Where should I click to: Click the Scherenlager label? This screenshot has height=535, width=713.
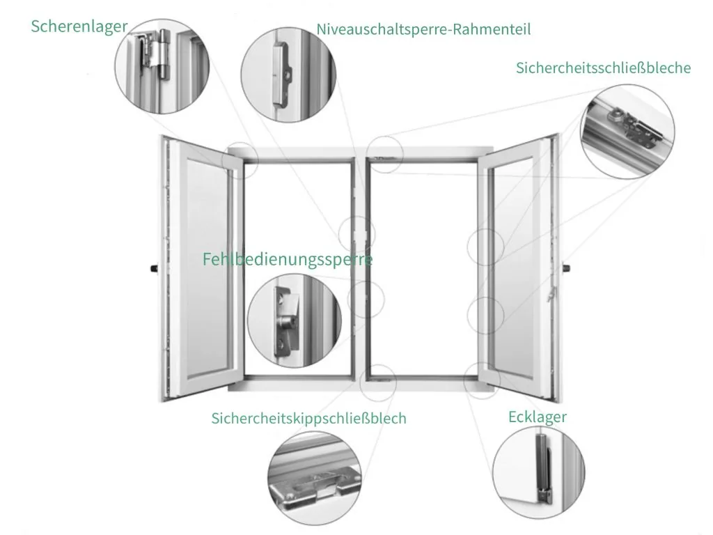point(79,26)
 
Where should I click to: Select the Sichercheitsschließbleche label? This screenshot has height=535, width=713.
point(603,68)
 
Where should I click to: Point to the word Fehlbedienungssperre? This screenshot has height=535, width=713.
point(288,259)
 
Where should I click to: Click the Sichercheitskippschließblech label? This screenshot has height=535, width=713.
point(308,418)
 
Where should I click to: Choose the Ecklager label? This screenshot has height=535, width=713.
point(537,417)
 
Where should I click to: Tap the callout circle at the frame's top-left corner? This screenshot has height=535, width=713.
point(240,161)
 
